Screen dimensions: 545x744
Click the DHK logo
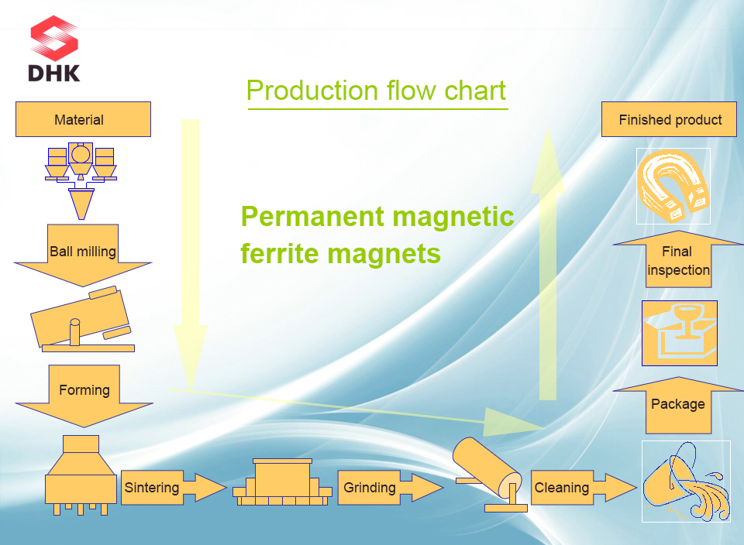pyautogui.click(x=54, y=50)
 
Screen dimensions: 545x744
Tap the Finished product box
pyautogui.click(x=669, y=120)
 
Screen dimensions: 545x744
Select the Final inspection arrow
pyautogui.click(x=678, y=260)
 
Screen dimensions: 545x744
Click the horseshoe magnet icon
pyautogui.click(x=673, y=186)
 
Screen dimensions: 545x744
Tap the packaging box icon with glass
pyautogui.click(x=680, y=333)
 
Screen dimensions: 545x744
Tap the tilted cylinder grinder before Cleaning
pyautogui.click(x=488, y=472)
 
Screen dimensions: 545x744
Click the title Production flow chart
pyautogui.click(x=377, y=91)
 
